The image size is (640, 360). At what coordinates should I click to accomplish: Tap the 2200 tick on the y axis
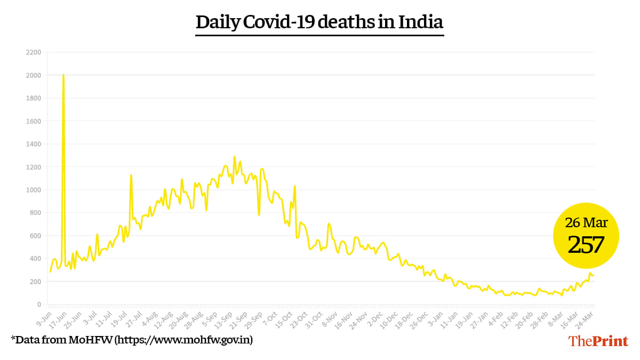click(33, 52)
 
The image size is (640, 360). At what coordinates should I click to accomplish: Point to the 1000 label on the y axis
click(33, 190)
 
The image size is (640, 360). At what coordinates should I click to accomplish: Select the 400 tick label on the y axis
click(35, 259)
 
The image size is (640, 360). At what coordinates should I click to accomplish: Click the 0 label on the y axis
click(39, 305)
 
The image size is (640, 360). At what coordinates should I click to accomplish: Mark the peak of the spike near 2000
click(63, 75)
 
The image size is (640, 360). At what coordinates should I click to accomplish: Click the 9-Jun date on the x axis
click(44, 318)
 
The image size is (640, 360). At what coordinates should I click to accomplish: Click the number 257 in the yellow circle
click(586, 245)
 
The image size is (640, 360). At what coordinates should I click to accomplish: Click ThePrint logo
click(598, 341)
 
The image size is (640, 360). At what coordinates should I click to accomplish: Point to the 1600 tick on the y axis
click(33, 121)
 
